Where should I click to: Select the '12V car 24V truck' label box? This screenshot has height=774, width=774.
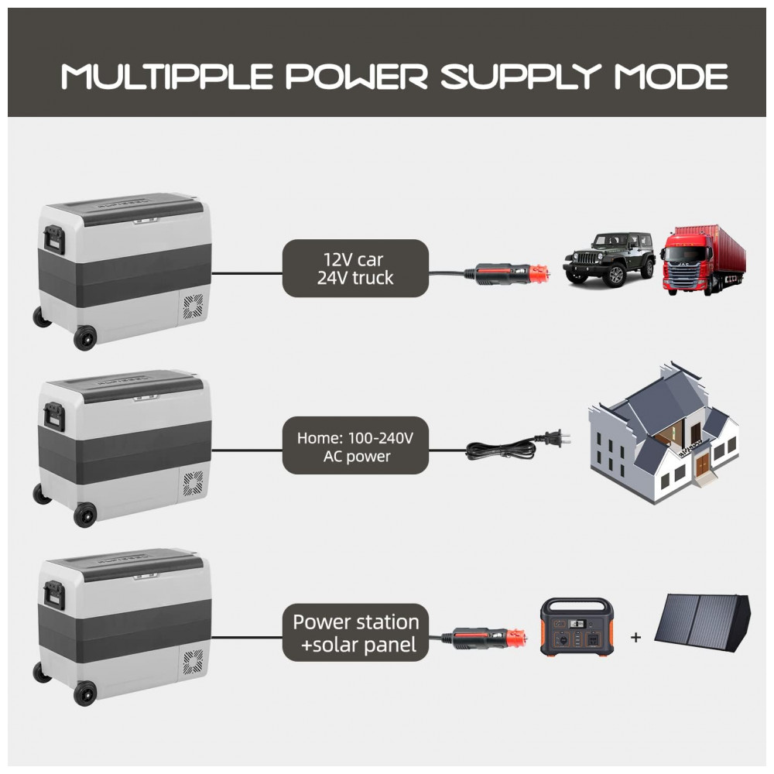(x=355, y=269)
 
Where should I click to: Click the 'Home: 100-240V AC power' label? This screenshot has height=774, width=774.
(x=355, y=447)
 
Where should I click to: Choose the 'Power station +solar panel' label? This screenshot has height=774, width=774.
(x=355, y=632)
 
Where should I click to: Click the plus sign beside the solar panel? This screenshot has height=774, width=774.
(x=636, y=638)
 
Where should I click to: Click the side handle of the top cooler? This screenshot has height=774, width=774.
(x=53, y=238)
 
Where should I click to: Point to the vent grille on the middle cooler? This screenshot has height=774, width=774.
(x=192, y=485)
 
